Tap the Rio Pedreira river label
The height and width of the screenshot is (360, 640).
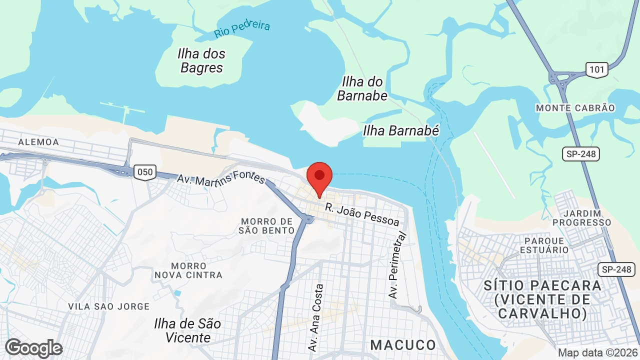click(242, 29)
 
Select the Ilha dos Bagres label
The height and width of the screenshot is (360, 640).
click(201, 60)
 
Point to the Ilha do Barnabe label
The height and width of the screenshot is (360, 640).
click(362, 88)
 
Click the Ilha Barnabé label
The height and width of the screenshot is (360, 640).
click(401, 131)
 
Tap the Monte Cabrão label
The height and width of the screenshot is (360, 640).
click(575, 108)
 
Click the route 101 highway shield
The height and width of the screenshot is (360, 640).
click(597, 69)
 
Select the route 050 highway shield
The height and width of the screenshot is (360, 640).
click(145, 172)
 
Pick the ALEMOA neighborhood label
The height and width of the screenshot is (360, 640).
click(38, 142)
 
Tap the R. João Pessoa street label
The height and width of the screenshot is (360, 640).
click(362, 214)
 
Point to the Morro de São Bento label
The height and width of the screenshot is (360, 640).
click(266, 225)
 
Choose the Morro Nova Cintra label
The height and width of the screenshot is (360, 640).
click(188, 270)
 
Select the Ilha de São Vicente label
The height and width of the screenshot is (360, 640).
click(187, 330)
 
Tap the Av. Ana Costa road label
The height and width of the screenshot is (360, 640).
click(317, 317)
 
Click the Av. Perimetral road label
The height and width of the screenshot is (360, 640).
click(395, 265)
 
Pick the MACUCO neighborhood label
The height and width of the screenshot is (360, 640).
click(403, 345)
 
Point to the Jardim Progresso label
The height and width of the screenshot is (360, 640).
click(582, 218)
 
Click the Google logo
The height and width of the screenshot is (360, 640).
click(33, 348)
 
